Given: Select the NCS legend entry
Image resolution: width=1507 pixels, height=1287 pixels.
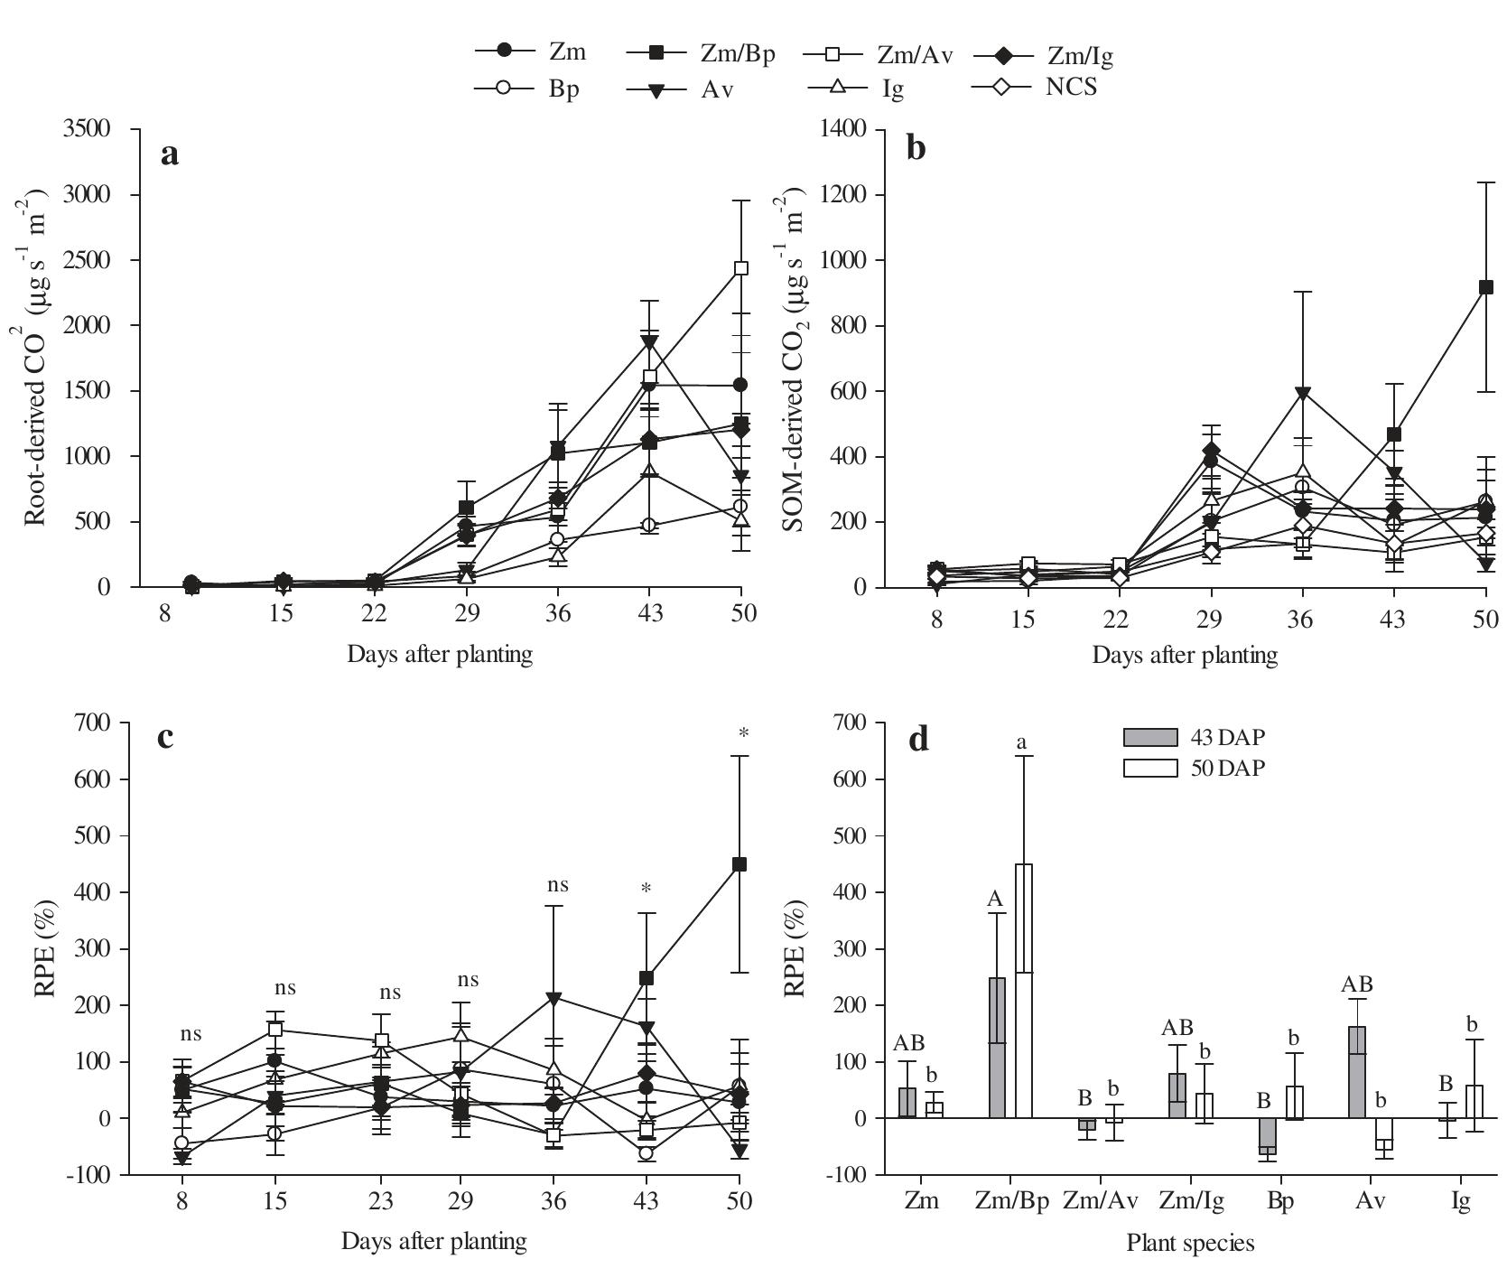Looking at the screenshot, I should [1039, 88].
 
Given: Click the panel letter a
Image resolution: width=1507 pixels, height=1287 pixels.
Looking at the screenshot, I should [169, 154].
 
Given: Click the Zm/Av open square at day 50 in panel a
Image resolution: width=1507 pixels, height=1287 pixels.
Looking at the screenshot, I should [741, 268].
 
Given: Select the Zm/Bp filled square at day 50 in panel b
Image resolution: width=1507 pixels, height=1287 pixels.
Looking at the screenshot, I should [1486, 288].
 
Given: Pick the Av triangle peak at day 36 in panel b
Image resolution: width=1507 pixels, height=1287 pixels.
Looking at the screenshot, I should [1302, 393].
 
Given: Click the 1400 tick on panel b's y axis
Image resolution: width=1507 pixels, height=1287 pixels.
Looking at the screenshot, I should [845, 129].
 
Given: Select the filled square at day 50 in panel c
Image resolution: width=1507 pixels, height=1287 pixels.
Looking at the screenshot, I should [740, 864].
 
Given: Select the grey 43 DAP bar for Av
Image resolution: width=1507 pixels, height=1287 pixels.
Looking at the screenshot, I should [1357, 1072].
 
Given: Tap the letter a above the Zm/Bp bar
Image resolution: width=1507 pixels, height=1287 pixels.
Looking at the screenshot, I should [1022, 742].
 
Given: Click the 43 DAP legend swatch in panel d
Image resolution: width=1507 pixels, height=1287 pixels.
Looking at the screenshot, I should [1150, 738].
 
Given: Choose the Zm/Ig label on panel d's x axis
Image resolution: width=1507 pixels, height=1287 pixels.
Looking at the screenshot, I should [1190, 1202].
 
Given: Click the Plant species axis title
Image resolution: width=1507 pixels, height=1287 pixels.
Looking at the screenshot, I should [1190, 1244].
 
